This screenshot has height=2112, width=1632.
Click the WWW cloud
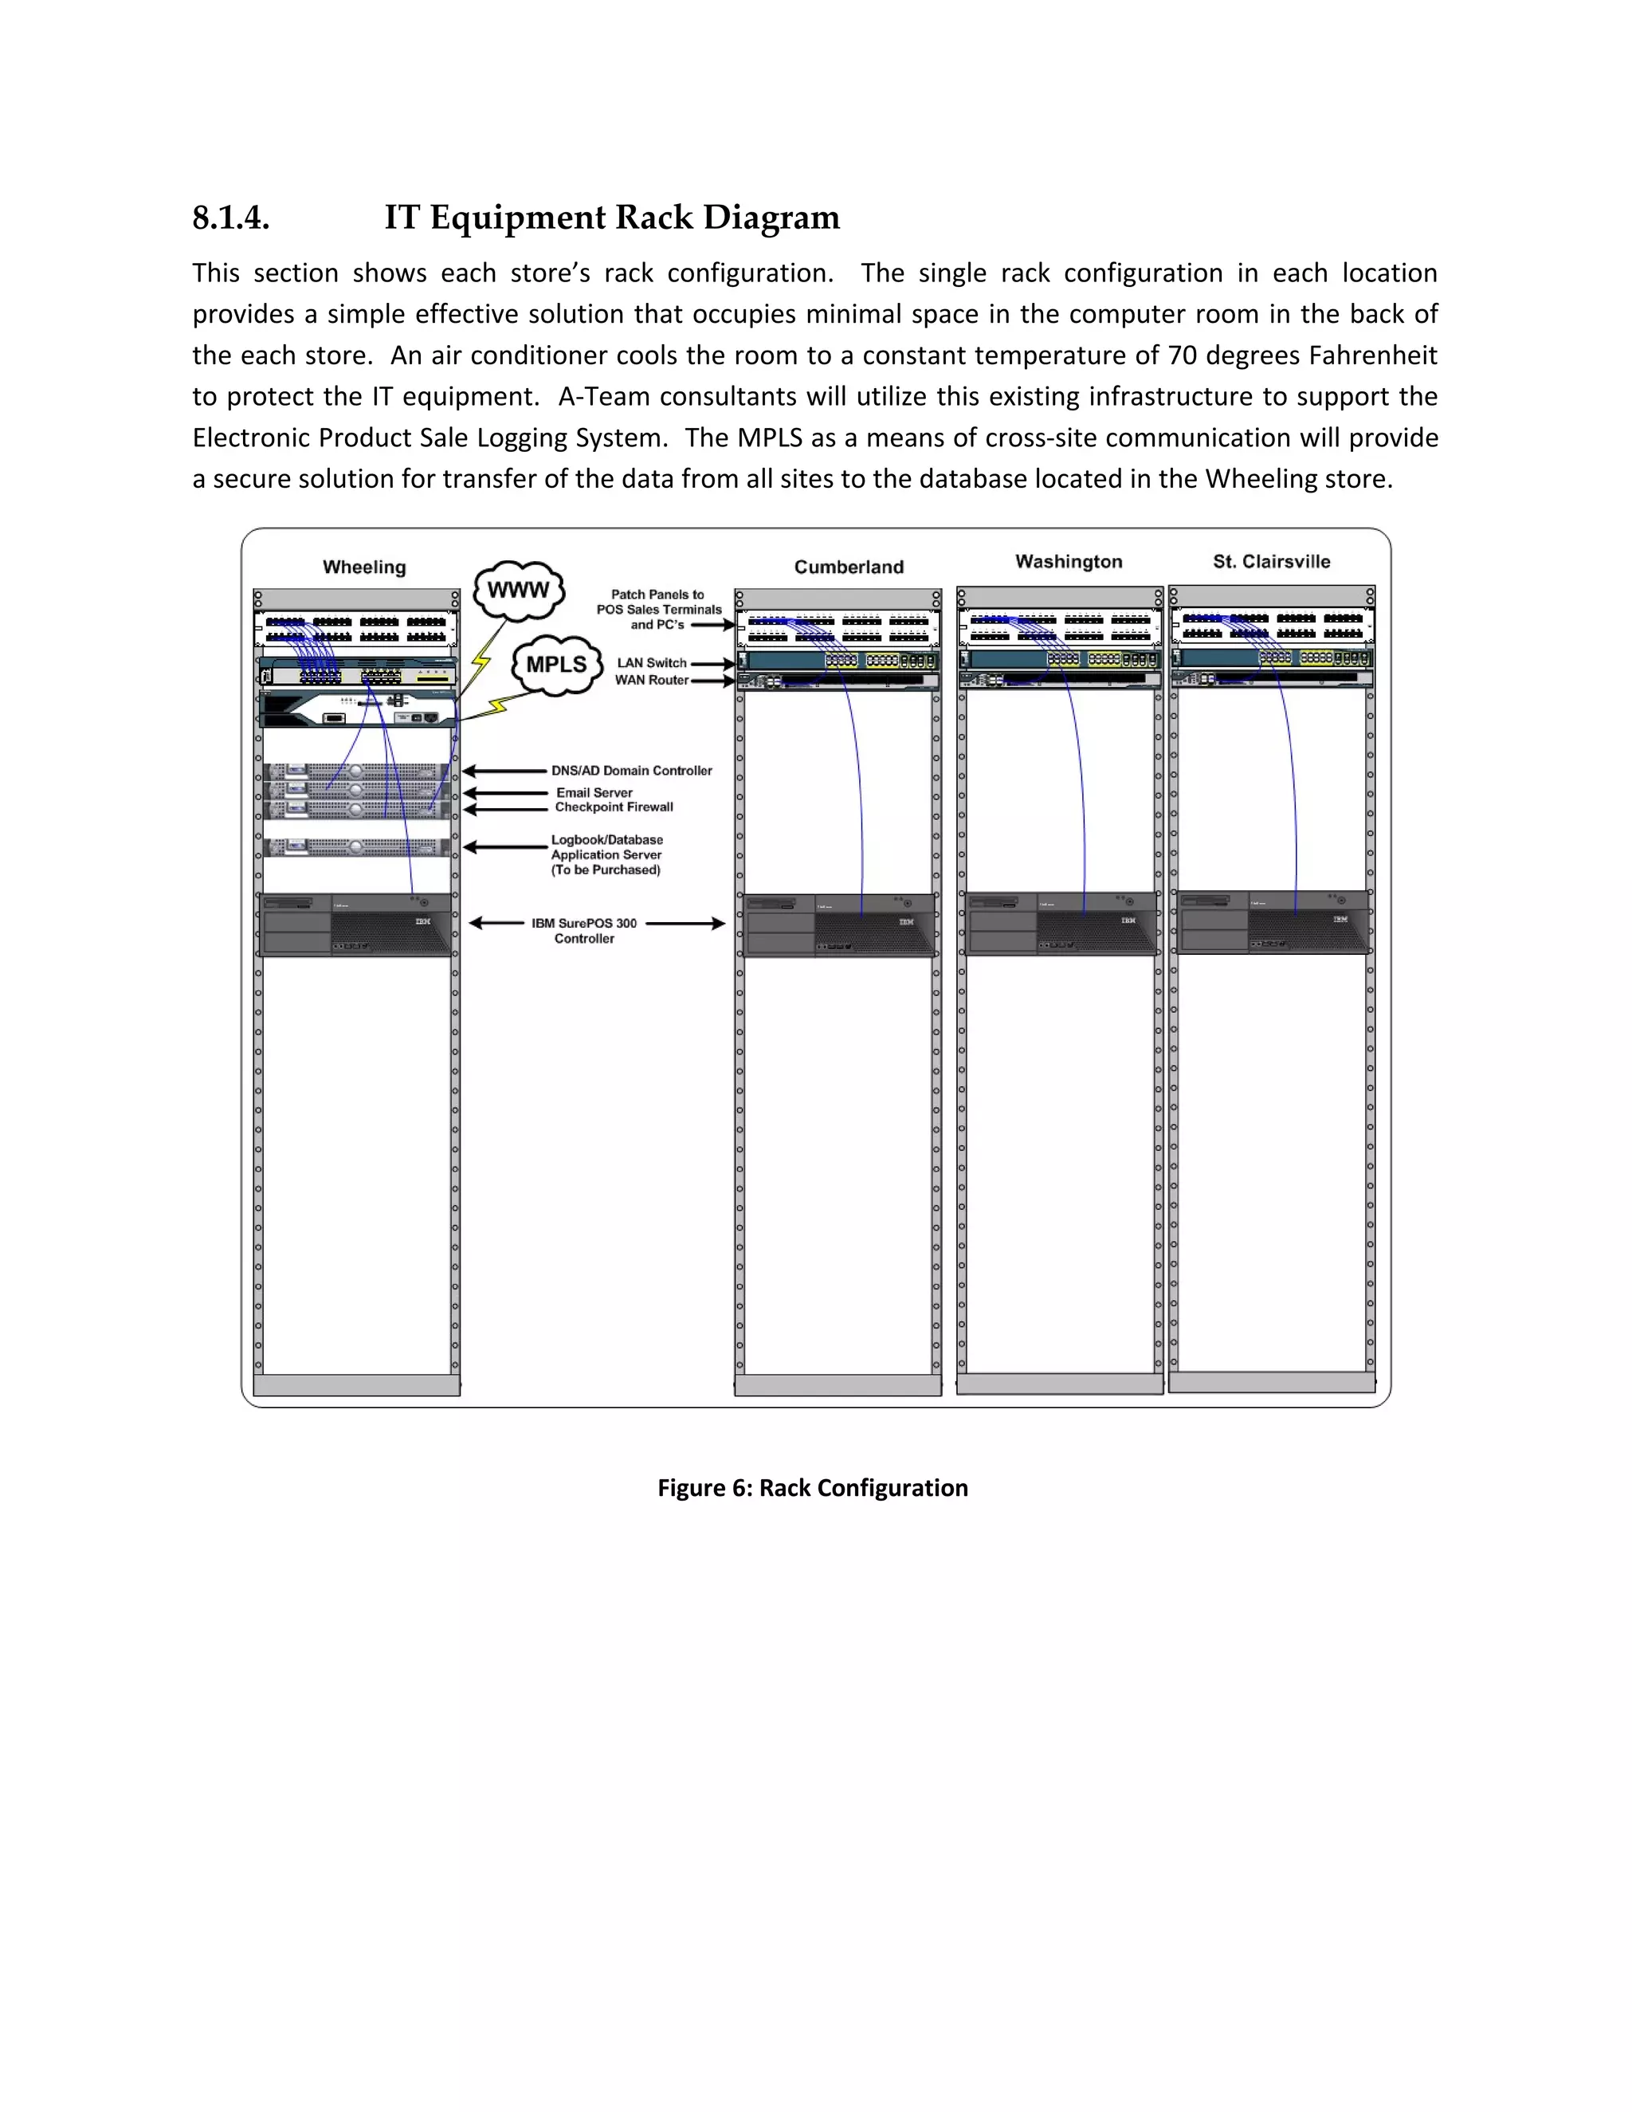point(518,590)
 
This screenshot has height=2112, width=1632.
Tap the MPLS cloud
point(556,665)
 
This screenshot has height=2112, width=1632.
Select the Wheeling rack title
point(364,567)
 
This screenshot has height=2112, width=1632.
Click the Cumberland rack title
point(849,567)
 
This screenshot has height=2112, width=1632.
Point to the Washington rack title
point(1069,562)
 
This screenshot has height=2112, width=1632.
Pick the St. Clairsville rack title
point(1271,562)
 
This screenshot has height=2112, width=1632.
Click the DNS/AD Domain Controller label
point(631,771)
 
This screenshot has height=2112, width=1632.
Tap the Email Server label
point(594,792)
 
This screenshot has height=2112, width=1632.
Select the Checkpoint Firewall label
point(614,807)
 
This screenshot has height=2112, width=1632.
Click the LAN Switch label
point(652,663)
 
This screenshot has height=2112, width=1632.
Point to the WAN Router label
point(652,680)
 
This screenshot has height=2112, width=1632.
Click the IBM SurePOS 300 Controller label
point(584,930)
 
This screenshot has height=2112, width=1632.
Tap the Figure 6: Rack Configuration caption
point(812,1488)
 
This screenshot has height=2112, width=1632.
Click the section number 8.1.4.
point(230,218)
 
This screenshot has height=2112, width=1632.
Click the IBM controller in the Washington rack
point(1061,923)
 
